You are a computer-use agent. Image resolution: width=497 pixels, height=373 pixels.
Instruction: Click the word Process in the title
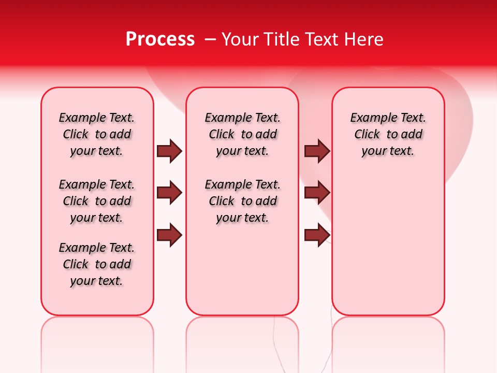click(159, 39)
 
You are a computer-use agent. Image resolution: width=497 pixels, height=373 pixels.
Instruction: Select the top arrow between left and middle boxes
click(169, 151)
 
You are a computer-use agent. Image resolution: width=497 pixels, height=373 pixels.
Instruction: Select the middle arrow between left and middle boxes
click(169, 193)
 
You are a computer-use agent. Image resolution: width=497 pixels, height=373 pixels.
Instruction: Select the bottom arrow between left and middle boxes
click(169, 235)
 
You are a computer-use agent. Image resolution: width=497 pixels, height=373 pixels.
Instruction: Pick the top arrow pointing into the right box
click(317, 151)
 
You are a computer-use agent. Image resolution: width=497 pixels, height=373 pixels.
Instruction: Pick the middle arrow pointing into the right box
click(317, 193)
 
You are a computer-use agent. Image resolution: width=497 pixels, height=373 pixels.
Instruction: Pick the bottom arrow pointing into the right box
click(317, 235)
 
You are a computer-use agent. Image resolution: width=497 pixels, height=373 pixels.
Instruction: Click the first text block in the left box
click(97, 134)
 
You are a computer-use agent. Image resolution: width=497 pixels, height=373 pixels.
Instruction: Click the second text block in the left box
click(97, 201)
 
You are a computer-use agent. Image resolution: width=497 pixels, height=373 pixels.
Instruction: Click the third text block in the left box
click(97, 264)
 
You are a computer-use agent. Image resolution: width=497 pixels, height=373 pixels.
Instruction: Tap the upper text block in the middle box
click(243, 134)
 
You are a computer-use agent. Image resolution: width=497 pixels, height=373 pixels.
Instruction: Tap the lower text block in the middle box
click(243, 201)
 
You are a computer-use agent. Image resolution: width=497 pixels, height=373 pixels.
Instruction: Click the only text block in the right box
click(388, 134)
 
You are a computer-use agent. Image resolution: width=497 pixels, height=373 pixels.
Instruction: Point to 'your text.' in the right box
click(388, 151)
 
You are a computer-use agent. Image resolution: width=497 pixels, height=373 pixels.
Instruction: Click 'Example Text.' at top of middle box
click(243, 118)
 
